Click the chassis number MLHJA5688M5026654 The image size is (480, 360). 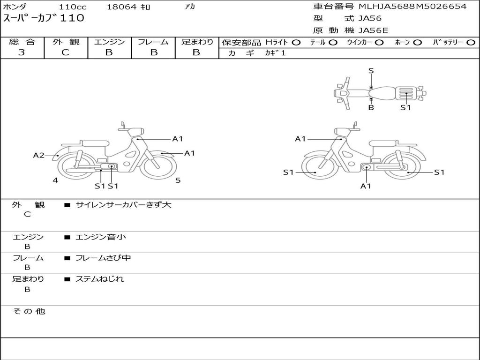(412, 7)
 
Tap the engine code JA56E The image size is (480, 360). (373, 30)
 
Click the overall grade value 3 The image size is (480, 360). (22, 52)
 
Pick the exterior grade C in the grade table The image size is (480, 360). (66, 52)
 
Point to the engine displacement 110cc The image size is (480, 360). (73, 7)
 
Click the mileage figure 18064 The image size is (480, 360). (121, 7)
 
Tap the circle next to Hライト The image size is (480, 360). (296, 43)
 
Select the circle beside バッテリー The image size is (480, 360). (471, 43)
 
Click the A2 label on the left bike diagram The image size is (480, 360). (38, 155)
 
